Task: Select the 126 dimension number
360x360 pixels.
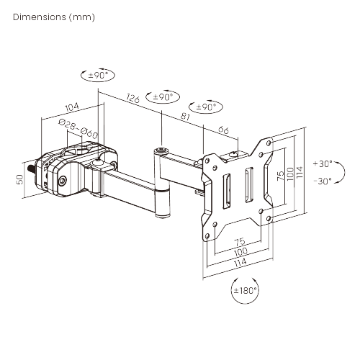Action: [x=132, y=99]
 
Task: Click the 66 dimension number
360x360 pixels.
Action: [x=223, y=130]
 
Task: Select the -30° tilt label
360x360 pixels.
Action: [x=323, y=181]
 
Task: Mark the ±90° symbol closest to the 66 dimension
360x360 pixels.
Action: [x=207, y=107]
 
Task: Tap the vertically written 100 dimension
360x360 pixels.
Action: [x=290, y=175]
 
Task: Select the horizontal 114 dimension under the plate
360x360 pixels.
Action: [x=239, y=264]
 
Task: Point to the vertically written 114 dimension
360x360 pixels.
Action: [x=300, y=175]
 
